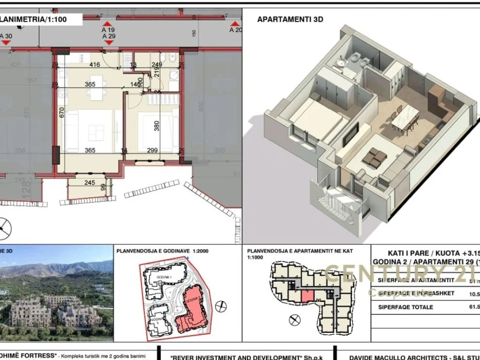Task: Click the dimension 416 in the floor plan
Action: click(94, 65)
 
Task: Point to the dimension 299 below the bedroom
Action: click(152, 150)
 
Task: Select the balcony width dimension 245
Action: click(90, 183)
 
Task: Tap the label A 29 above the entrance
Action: click(108, 36)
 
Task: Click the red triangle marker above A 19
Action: click(107, 24)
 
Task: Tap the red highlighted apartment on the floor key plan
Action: click(307, 297)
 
